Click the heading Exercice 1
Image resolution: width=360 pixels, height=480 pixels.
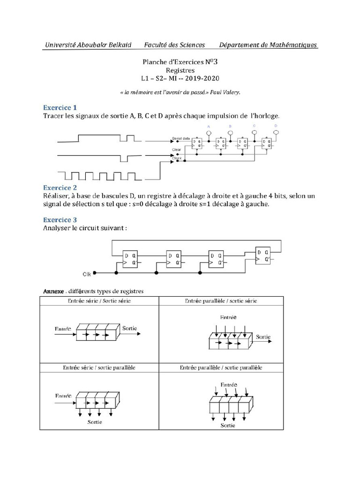coord(60,107)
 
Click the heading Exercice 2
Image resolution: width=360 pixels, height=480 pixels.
coord(60,187)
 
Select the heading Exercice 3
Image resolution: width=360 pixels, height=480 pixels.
coord(60,219)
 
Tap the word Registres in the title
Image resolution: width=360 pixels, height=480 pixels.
coord(180,70)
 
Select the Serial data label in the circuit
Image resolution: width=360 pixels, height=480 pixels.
coord(180,139)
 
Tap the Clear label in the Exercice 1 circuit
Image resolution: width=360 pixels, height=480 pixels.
coord(176,150)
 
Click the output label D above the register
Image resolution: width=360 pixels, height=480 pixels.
coord(276,126)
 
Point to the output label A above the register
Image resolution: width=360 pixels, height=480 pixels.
coord(209,127)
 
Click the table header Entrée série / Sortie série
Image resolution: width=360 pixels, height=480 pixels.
coord(99,300)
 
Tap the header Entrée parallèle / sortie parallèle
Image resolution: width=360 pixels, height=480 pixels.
coord(221,368)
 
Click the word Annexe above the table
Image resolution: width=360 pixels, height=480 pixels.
coord(53,291)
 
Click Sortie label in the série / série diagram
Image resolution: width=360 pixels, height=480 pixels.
coord(129,328)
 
